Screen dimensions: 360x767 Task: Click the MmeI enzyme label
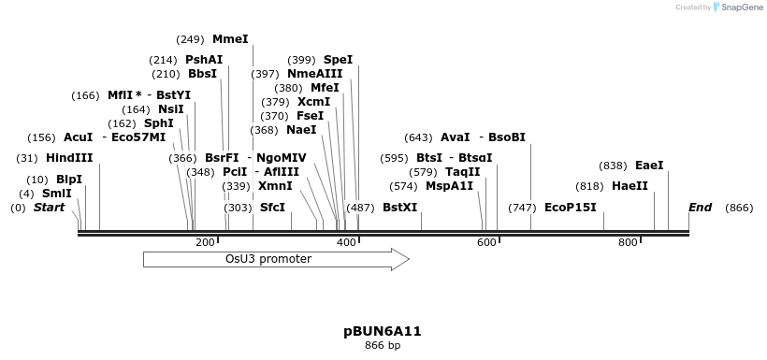click(230, 39)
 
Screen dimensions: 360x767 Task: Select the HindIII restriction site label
click(69, 158)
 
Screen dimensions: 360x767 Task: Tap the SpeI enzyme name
click(339, 59)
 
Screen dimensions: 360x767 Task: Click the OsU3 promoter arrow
click(276, 259)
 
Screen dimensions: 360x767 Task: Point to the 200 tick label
click(205, 243)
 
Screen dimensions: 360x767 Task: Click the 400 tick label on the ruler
click(346, 243)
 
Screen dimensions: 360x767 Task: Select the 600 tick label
click(486, 243)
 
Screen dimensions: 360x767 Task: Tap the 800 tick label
click(628, 243)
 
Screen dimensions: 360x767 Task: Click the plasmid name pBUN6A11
click(383, 331)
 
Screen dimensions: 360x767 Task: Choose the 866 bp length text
click(383, 345)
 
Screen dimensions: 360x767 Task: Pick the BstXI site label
click(400, 208)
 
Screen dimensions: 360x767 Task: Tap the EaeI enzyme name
click(649, 166)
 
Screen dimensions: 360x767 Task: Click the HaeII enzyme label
click(630, 186)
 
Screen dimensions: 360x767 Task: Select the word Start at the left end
click(49, 208)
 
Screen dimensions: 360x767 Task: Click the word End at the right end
click(700, 208)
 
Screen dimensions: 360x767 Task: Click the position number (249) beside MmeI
click(190, 39)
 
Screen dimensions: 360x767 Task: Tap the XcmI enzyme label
click(313, 102)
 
